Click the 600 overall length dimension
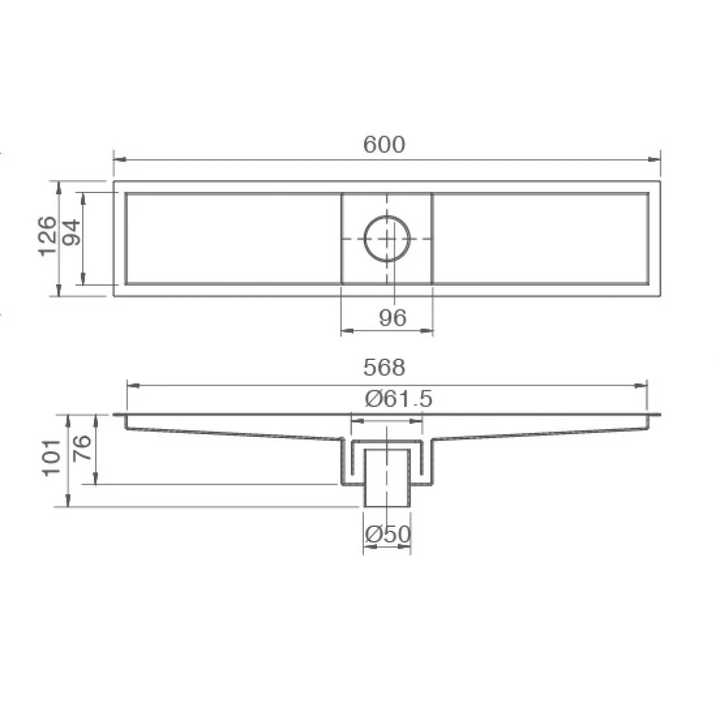coord(384,145)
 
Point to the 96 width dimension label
coord(392,318)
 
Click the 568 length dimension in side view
coord(384,368)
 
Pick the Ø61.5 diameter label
coord(399,399)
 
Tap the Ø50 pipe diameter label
coord(388,535)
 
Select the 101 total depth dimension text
coord(51,458)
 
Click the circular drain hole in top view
coord(387,238)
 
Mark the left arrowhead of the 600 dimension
coord(119,159)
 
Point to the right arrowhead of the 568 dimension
coord(642,386)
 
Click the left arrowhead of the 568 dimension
coord(132,386)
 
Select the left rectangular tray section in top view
coord(233,238)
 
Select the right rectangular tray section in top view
coord(540,238)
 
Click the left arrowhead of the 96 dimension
coord(346,331)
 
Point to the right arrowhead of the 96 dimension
coord(428,331)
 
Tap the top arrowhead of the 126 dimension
coord(59,187)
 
